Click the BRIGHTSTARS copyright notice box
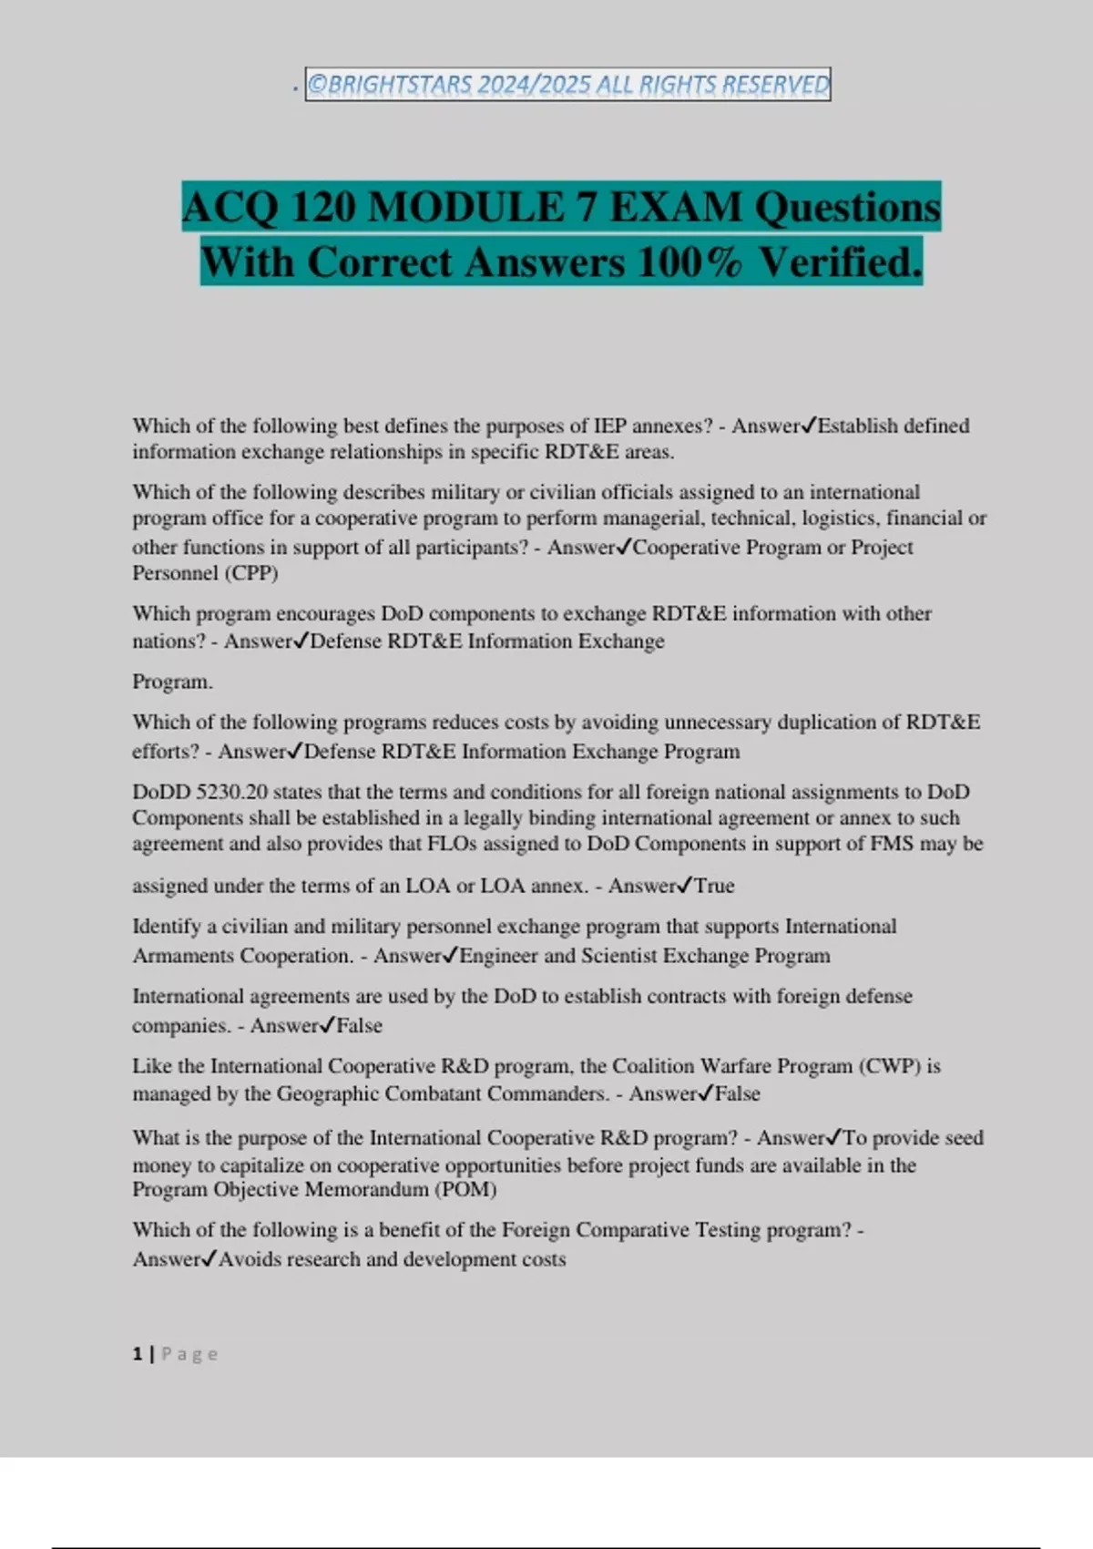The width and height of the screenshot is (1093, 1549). [567, 85]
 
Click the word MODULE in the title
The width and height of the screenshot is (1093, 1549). [466, 207]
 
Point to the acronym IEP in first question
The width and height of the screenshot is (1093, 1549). [609, 426]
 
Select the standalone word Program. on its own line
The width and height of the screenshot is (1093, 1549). [172, 682]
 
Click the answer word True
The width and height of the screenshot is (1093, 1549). [714, 886]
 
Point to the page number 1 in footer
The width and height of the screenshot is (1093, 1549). [138, 1354]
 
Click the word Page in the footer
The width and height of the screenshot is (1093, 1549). [189, 1354]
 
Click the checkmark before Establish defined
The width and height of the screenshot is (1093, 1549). [808, 426]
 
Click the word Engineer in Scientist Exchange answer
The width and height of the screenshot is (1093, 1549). [499, 956]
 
